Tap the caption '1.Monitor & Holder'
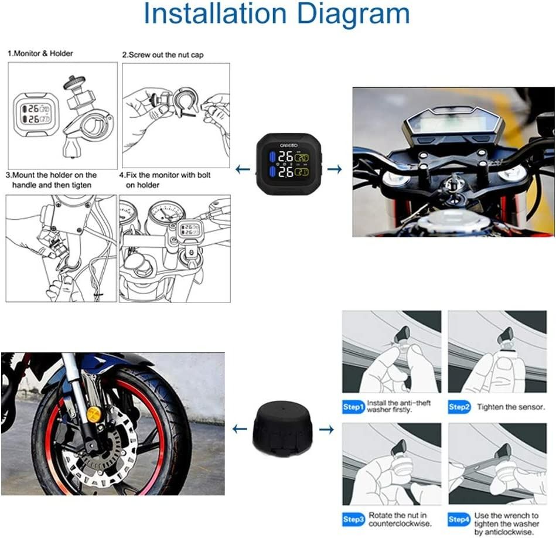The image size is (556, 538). pos(40,53)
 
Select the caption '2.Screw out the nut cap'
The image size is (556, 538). pos(163,55)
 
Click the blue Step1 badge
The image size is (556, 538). pos(353,407)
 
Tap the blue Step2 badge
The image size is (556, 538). pos(460,407)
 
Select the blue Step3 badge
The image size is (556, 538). pos(353,519)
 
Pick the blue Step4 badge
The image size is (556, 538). pos(460,519)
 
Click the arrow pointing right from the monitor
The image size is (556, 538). pos(335,169)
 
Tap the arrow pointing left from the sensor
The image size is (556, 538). pos(239,430)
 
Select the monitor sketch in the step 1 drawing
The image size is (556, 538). pos(35,114)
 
